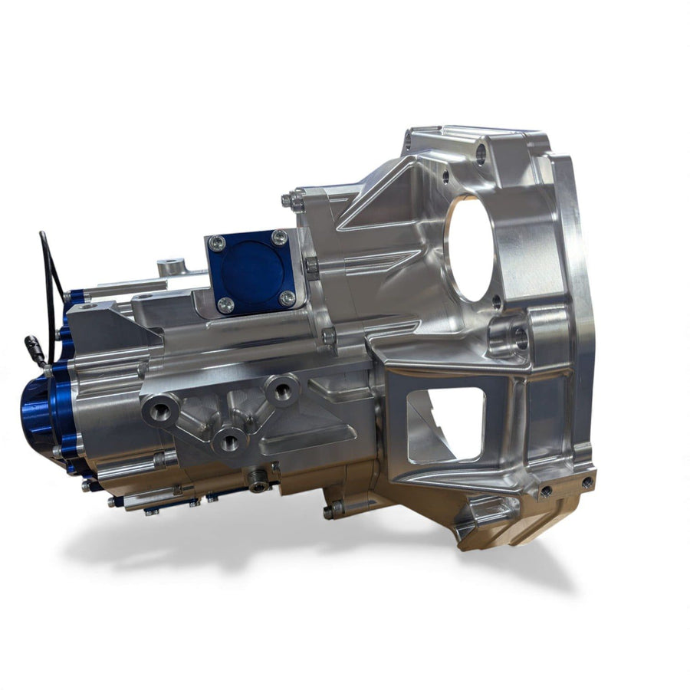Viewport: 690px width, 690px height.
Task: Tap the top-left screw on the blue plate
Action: click(218, 244)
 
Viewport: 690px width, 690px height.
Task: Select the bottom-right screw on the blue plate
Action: click(287, 297)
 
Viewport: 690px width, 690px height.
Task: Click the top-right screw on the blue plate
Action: click(280, 237)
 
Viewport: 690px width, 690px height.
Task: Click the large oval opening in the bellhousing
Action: click(469, 248)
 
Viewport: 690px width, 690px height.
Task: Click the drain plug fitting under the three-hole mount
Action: click(258, 480)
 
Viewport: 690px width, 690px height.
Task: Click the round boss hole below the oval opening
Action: click(519, 334)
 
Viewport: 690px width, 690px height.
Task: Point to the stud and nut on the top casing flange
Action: click(294, 202)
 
